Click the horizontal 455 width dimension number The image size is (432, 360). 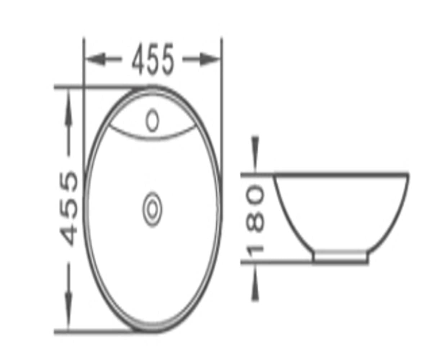pyautogui.click(x=153, y=59)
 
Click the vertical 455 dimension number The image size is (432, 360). pyautogui.click(x=69, y=208)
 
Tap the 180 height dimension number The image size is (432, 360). pyautogui.click(x=255, y=219)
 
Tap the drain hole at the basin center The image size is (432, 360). pyautogui.click(x=152, y=208)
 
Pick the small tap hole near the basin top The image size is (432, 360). pyautogui.click(x=153, y=120)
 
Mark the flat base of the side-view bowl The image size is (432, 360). pyautogui.click(x=340, y=262)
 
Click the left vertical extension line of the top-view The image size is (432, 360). pyautogui.click(x=84, y=108)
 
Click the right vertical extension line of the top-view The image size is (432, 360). pyautogui.click(x=222, y=108)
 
